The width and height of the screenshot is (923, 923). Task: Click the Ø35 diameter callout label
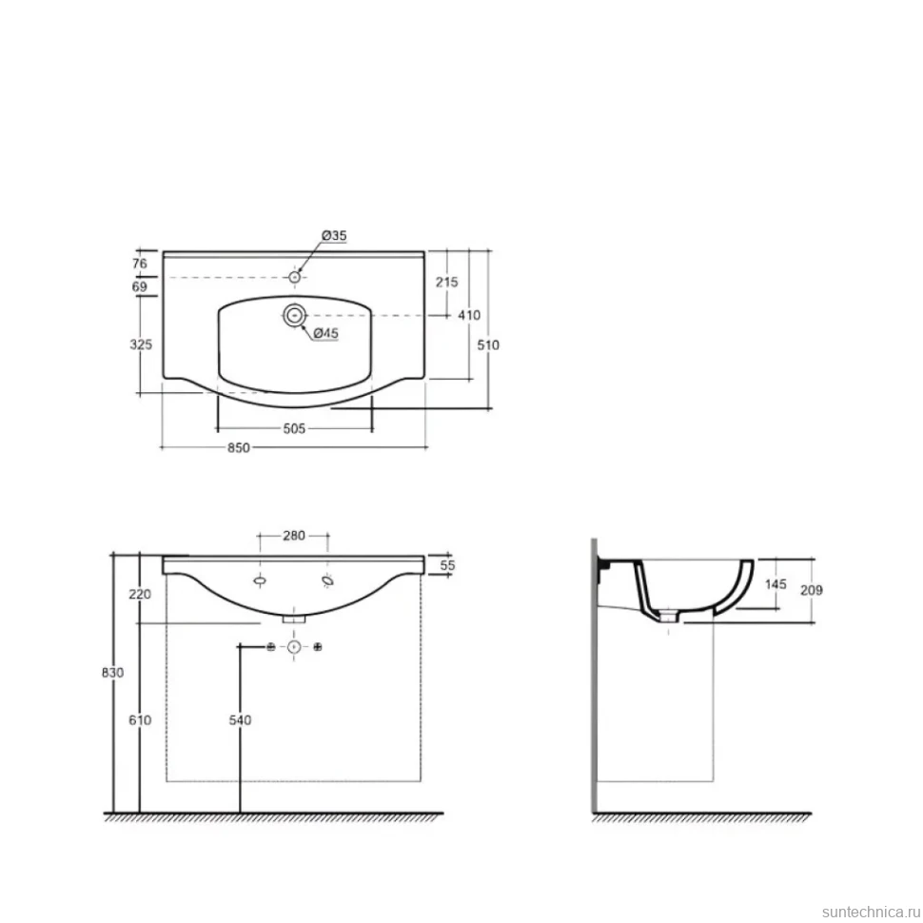(x=334, y=235)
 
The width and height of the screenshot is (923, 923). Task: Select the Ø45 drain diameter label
(x=325, y=333)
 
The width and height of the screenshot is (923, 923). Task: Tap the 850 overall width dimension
(x=239, y=447)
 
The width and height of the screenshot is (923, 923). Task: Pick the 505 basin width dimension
(x=294, y=428)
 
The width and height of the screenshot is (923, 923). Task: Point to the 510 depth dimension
(x=488, y=345)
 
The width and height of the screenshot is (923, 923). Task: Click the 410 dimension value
(x=469, y=316)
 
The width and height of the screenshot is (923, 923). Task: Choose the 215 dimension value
(x=447, y=282)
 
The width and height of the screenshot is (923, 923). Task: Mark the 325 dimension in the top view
(x=141, y=344)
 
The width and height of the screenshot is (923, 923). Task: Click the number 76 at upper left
(x=140, y=264)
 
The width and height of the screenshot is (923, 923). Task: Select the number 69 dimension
(x=140, y=286)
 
